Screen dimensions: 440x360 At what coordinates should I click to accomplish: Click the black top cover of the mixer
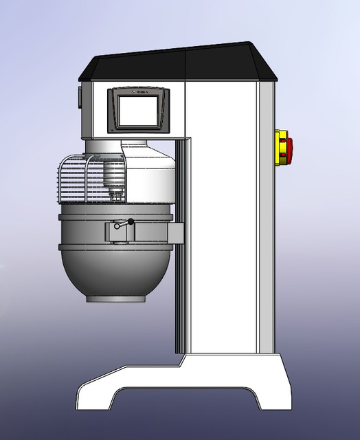pos(179,65)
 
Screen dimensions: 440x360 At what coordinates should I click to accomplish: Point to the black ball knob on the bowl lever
pos(130,221)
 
